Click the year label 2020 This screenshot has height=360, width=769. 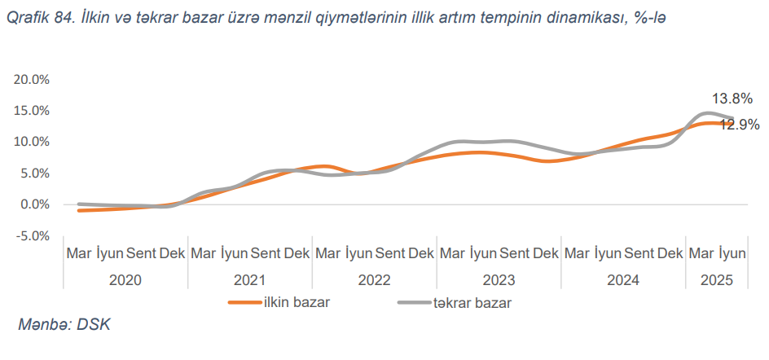[125, 279]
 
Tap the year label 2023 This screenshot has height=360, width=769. [499, 279]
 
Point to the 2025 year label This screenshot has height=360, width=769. [717, 279]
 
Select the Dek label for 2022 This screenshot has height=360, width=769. [420, 254]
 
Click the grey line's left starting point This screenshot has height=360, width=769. [78, 204]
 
